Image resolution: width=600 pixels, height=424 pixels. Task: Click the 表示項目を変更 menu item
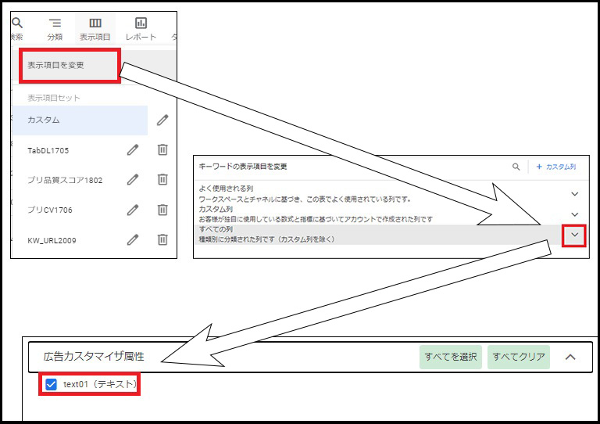55,65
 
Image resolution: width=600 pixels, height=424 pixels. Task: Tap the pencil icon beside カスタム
162,120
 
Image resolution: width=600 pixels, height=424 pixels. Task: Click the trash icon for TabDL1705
162,149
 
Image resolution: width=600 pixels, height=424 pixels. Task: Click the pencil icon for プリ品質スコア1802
133,179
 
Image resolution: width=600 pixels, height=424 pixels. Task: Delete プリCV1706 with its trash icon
162,210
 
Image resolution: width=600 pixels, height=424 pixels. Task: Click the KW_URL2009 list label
52,240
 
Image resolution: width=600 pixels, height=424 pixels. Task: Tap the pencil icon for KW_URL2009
133,239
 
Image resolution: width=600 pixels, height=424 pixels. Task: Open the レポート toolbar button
141,29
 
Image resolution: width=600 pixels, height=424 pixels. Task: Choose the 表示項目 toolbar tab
95,29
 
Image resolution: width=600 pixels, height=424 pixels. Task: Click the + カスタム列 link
556,167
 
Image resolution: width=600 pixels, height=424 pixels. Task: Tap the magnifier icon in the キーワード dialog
516,167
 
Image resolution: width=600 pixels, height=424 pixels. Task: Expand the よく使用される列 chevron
574,194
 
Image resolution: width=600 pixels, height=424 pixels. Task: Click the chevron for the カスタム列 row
574,214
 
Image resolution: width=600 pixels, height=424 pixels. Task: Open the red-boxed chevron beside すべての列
574,235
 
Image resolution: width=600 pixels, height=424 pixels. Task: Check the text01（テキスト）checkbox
51,384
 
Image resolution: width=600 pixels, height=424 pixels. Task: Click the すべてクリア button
519,357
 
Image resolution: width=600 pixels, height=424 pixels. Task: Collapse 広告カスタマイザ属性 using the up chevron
570,357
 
